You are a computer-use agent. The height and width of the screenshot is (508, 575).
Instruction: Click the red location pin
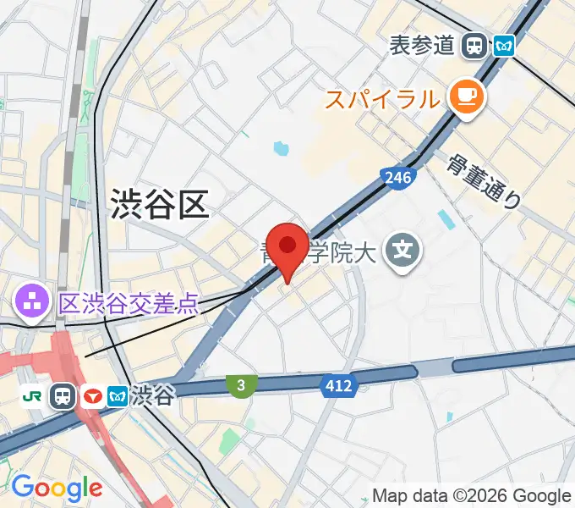tap(287, 248)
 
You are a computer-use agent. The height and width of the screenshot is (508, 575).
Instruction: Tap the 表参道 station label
tap(422, 45)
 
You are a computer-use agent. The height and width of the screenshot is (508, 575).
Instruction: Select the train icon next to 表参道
tap(474, 45)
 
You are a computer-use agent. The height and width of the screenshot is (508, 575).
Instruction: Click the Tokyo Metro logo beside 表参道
tap(504, 45)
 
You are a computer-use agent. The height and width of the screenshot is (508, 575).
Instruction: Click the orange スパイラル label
tap(383, 100)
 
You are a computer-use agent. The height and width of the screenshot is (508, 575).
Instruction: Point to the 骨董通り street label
tap(485, 181)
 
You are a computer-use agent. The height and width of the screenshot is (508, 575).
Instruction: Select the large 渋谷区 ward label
tap(159, 204)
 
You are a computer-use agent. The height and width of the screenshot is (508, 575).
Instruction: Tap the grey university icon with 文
tap(405, 250)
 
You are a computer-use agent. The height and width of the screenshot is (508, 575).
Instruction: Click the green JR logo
tap(34, 395)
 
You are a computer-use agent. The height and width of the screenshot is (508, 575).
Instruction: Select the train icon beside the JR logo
tap(62, 395)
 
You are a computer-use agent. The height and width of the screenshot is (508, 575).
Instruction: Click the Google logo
tap(56, 487)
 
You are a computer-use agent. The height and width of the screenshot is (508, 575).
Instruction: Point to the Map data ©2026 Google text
tap(472, 495)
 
